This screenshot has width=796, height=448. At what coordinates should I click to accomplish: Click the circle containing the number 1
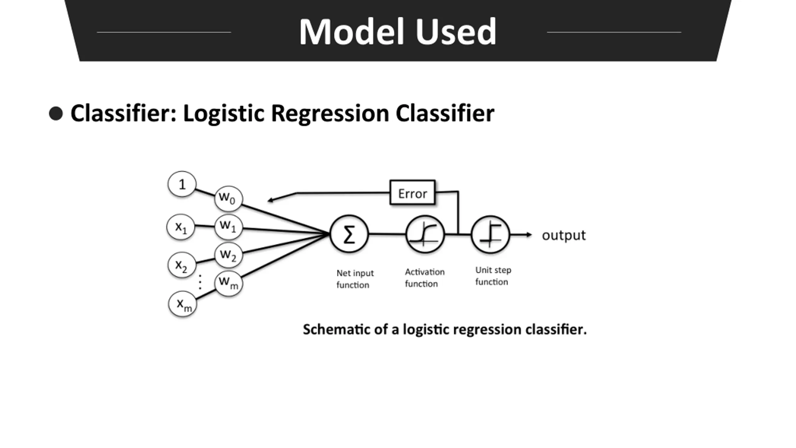(x=182, y=184)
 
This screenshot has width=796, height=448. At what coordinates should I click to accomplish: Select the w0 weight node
(x=229, y=198)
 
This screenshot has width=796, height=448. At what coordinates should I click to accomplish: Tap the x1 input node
(x=181, y=227)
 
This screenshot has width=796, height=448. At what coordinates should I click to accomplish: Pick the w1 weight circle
(x=229, y=226)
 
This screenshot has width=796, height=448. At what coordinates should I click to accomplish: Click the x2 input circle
(x=182, y=265)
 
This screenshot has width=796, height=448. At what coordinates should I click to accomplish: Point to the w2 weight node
(x=229, y=255)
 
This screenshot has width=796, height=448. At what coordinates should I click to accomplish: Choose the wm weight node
(x=229, y=283)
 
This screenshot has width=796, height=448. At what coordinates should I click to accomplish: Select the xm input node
(x=183, y=304)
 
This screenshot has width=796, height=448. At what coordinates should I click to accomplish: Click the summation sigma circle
(x=349, y=234)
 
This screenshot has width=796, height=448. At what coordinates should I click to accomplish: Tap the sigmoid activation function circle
(x=425, y=234)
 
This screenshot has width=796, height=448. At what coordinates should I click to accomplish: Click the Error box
(x=412, y=192)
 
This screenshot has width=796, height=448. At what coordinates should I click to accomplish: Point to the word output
(x=564, y=236)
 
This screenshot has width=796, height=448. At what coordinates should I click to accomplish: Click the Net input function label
(x=355, y=279)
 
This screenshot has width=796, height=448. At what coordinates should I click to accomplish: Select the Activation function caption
(x=425, y=278)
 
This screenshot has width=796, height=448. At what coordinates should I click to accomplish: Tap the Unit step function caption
(x=493, y=276)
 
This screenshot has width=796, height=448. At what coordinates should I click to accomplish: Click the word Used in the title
(x=456, y=32)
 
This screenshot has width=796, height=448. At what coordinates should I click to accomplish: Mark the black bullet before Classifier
(x=56, y=113)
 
